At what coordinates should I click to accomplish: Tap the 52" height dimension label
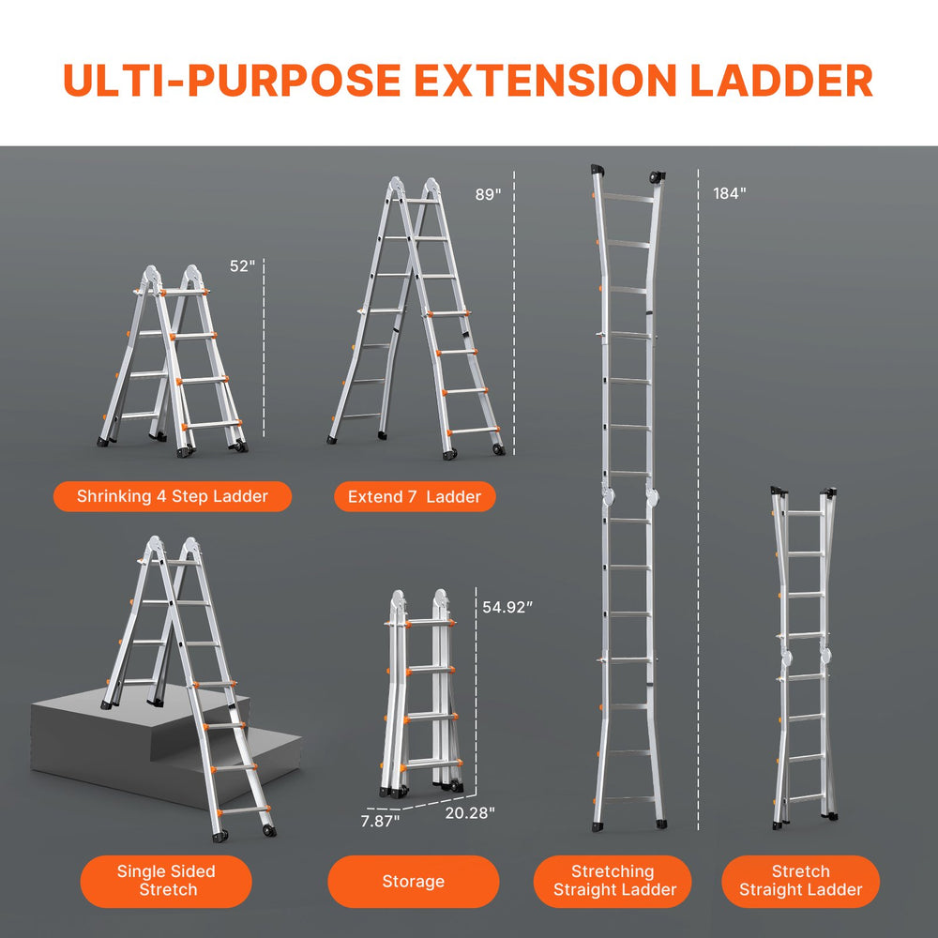point(242,266)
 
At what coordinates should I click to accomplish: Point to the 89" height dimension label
point(489,194)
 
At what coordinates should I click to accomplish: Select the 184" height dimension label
point(729,194)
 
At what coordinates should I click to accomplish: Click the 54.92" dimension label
point(507,607)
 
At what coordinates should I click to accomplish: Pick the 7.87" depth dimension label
point(381,821)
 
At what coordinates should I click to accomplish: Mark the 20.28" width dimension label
point(469,812)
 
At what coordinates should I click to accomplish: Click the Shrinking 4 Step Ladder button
point(173,496)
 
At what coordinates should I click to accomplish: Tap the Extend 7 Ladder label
point(415,496)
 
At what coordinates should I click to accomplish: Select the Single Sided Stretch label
point(166,881)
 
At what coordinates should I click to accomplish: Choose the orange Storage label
point(413,881)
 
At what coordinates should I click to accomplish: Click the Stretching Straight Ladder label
point(613,881)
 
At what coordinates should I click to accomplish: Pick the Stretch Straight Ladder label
point(800,881)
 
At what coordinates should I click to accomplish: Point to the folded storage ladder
point(422,694)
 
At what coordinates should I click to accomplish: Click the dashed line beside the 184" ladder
point(699,497)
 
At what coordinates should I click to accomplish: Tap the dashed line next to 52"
point(265,352)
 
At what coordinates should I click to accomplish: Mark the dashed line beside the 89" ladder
point(514,319)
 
